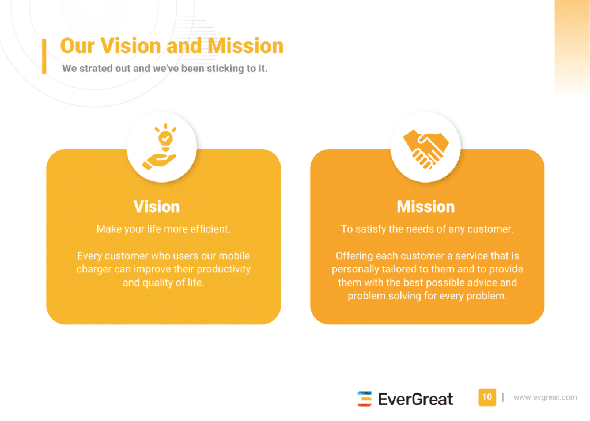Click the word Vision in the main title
tap(131, 46)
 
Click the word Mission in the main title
tap(245, 46)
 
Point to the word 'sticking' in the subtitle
tap(225, 69)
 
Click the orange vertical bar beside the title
tap(44, 56)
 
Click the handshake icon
tap(426, 148)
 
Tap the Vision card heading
tap(157, 207)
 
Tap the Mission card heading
tap(426, 207)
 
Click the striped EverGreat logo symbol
tap(364, 399)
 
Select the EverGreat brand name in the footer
tap(415, 399)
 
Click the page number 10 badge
tap(487, 397)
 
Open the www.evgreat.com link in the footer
tap(545, 397)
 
